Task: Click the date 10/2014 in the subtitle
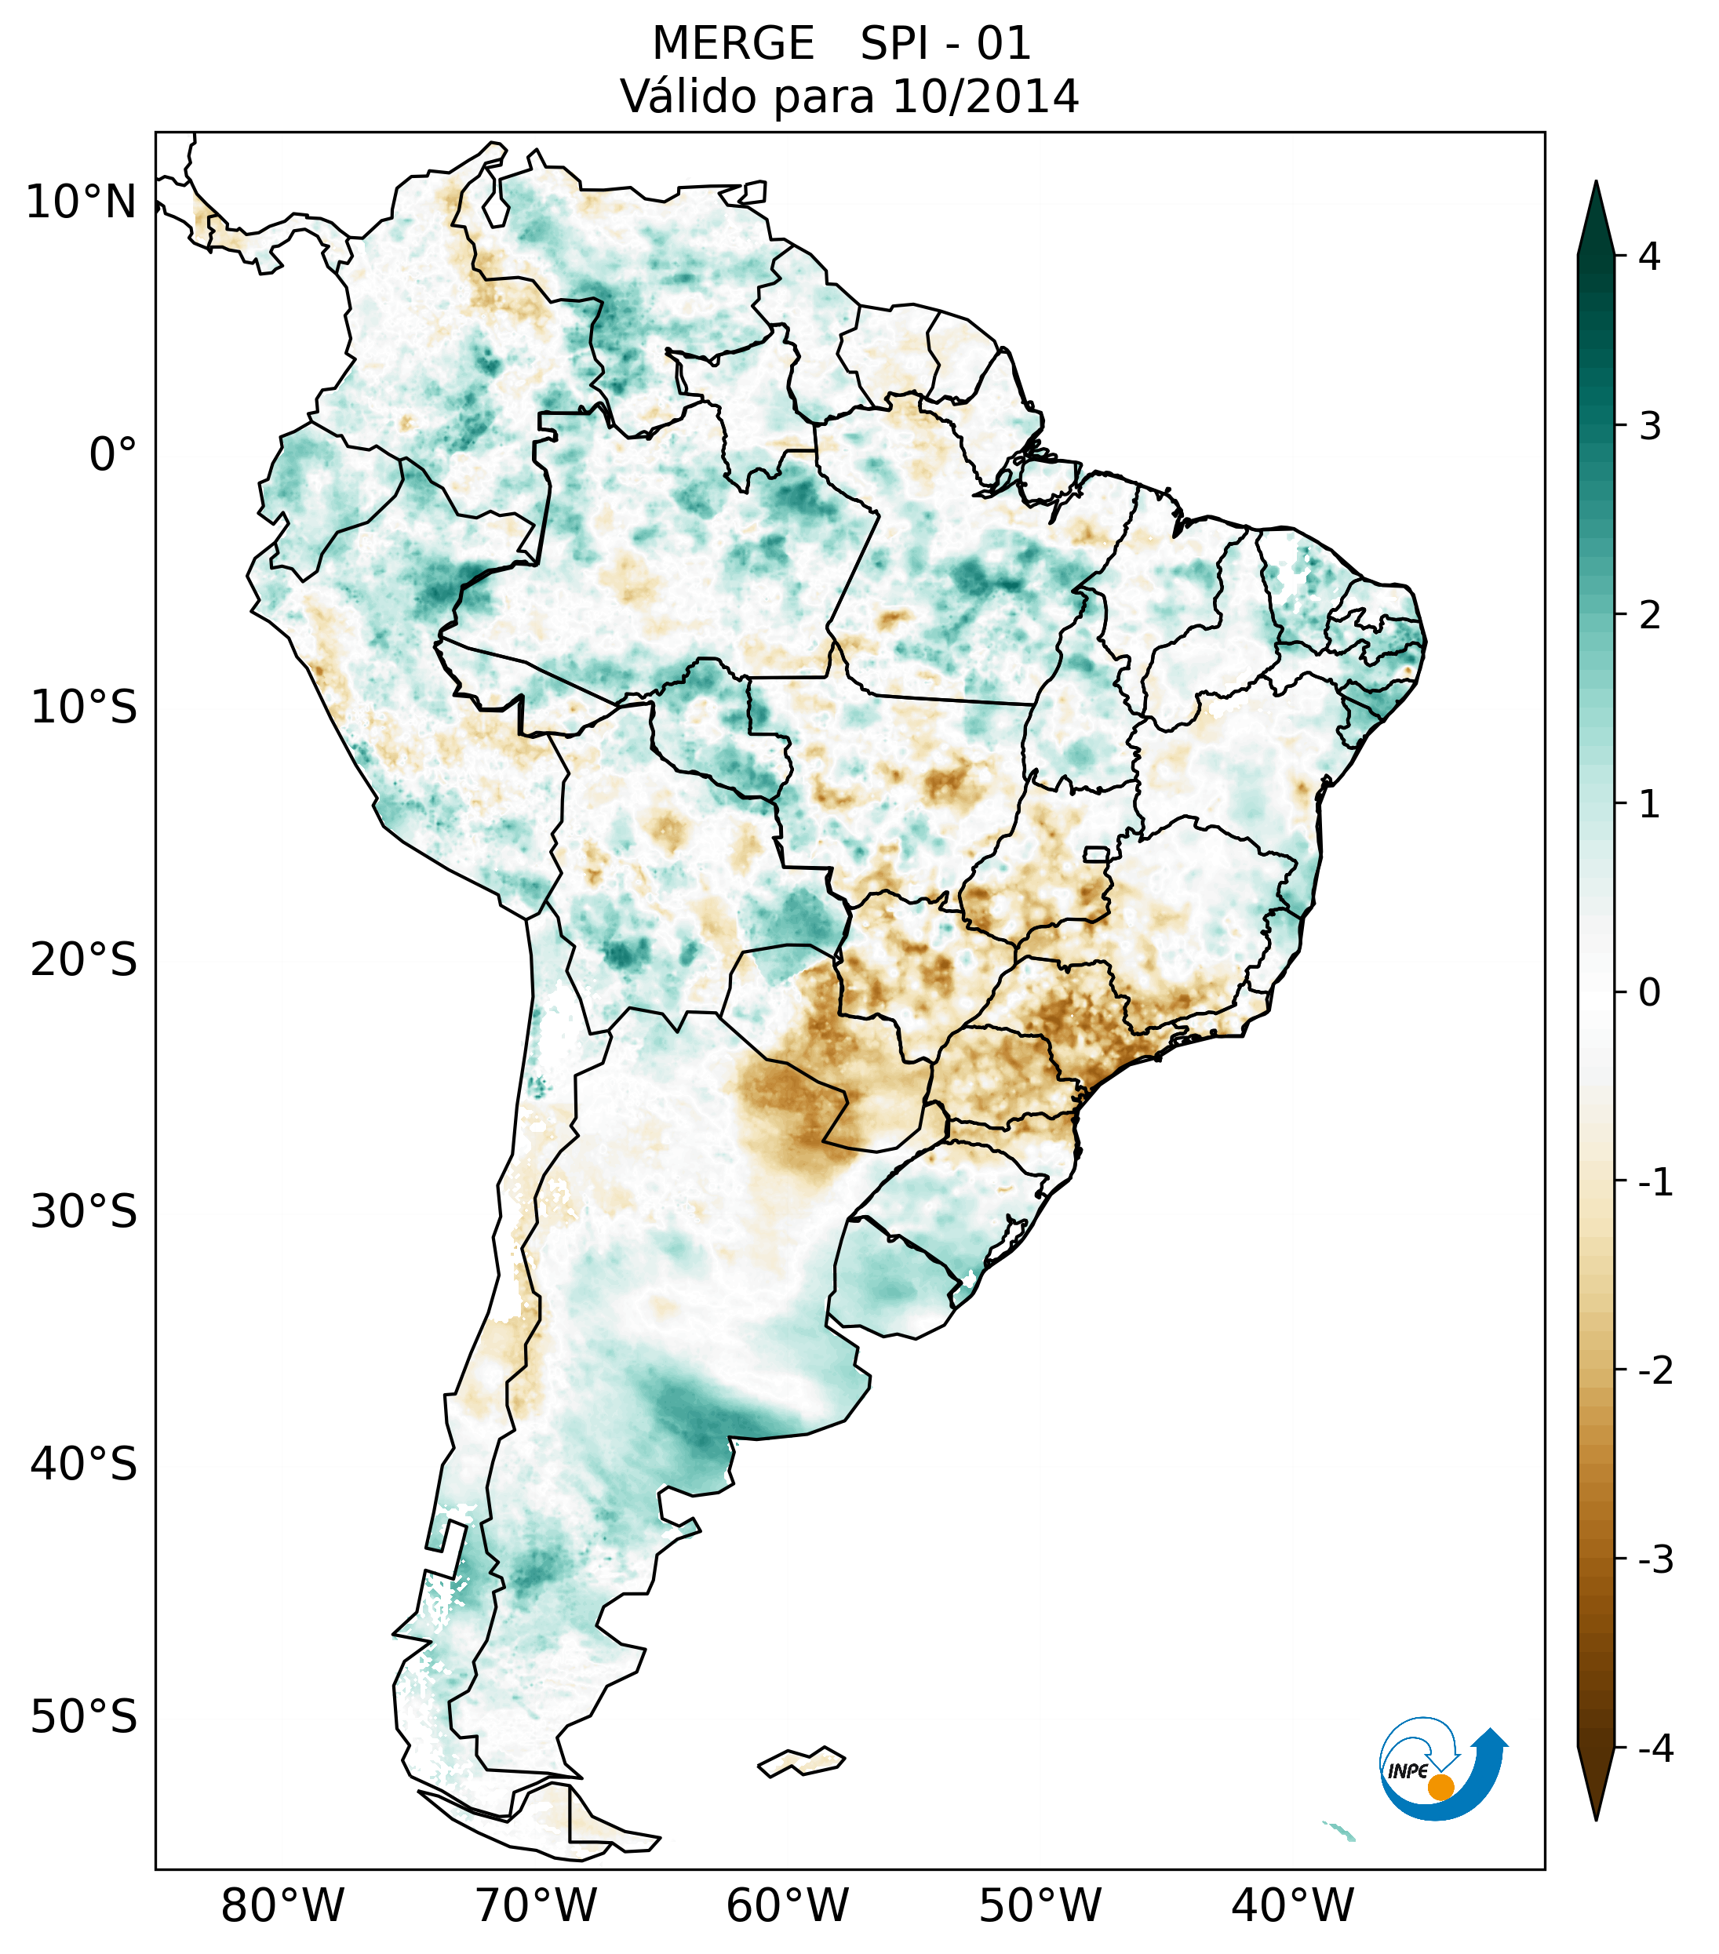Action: [x=985, y=96]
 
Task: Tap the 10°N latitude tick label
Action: [x=80, y=202]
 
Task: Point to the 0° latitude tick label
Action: [x=113, y=455]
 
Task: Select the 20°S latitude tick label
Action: [x=84, y=960]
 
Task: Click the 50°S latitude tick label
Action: [x=84, y=1718]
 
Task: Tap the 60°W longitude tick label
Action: [x=787, y=1905]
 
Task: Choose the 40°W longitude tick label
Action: [x=1293, y=1905]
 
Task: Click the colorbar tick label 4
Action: [x=1649, y=257]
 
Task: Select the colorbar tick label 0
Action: [x=1649, y=993]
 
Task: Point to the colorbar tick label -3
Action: [x=1655, y=1560]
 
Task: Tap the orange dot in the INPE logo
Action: [x=1440, y=1787]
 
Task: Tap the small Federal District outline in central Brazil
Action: [x=1097, y=853]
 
